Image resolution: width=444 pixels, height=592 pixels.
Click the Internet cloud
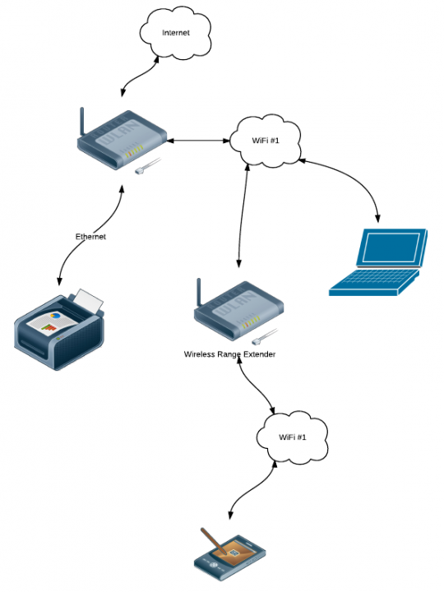coord(175,33)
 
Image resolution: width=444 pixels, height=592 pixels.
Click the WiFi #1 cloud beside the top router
coord(266,141)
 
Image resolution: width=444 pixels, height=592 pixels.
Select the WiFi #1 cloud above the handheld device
coord(292,437)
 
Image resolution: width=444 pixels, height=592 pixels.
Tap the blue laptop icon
coord(378,262)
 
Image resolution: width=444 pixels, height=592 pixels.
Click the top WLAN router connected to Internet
coord(123,140)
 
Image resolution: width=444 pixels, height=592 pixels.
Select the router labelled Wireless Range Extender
coord(239,311)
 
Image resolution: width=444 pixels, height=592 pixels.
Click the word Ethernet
coord(90,237)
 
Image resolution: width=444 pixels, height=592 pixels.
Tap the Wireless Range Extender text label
coord(229,354)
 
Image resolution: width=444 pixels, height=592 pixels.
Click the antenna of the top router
coord(81,122)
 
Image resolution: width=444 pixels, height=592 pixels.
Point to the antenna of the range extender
coord(199,293)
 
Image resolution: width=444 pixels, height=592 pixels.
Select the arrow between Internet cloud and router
coord(138,77)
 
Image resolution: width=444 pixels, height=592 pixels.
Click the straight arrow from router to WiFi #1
coord(198,141)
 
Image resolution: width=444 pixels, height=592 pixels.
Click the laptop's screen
coord(391,247)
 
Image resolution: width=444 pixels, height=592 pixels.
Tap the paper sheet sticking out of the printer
coord(88,301)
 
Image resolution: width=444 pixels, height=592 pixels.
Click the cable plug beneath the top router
coord(148,166)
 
